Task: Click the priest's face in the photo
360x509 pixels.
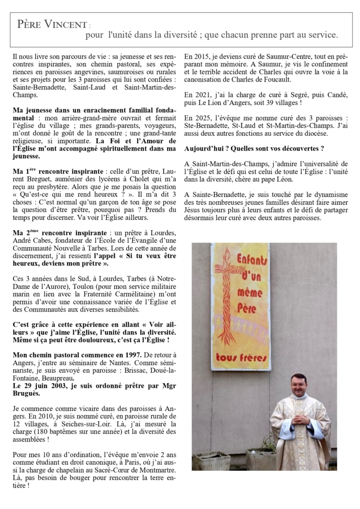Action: click(x=298, y=386)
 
